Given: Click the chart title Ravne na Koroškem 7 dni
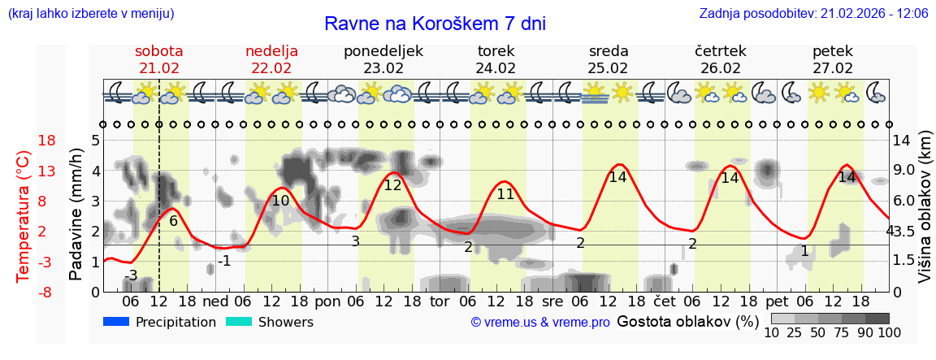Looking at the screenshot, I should [435, 24].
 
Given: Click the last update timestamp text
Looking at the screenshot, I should [813, 14].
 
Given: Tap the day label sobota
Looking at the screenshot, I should [158, 51].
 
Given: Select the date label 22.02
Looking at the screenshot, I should [271, 68].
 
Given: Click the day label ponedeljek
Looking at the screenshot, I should [383, 51].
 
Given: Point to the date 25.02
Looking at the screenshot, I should [609, 68].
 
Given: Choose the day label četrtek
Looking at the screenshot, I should [721, 51].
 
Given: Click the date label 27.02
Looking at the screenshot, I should [833, 68].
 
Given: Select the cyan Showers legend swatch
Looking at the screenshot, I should [239, 322].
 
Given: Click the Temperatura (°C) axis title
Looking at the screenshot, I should [24, 215].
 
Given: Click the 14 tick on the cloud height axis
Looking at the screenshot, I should [903, 141].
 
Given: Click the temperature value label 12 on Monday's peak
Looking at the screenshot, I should [393, 185].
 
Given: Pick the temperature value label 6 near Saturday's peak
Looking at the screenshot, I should [173, 220].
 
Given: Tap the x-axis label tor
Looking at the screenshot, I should [440, 301].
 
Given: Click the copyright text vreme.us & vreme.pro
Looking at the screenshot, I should [540, 323].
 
